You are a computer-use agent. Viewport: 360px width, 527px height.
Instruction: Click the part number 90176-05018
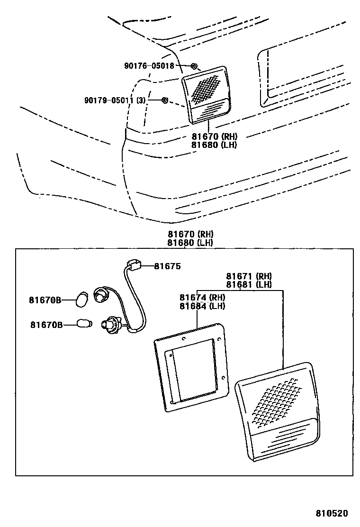point(149,66)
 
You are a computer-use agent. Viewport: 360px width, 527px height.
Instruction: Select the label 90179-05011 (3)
point(115,100)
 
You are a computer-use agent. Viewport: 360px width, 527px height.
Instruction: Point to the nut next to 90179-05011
point(165,100)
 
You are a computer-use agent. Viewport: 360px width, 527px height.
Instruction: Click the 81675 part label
point(167,266)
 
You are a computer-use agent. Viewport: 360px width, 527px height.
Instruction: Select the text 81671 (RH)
point(248,276)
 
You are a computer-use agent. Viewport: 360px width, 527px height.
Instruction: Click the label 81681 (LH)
point(248,284)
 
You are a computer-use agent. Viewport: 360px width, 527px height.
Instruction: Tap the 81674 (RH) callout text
point(202,298)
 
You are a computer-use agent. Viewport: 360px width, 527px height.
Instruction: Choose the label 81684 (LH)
point(202,306)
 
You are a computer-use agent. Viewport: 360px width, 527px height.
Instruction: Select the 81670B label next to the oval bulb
point(45,300)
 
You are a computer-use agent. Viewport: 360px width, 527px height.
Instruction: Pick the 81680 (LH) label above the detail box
point(189,243)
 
